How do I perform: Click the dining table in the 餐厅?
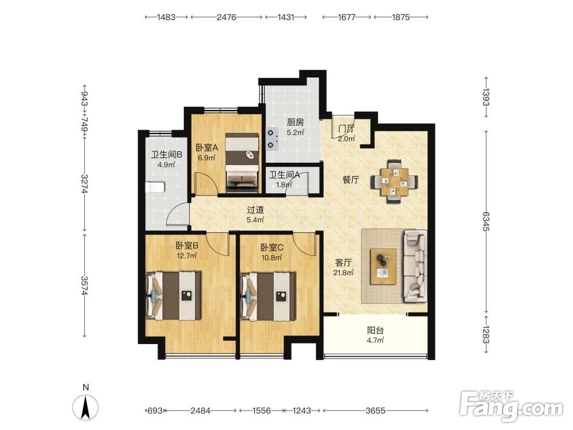394,182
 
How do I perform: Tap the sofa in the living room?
415,266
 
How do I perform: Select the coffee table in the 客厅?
383,267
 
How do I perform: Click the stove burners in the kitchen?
272,139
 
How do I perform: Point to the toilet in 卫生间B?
155,187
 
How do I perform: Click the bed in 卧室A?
242,163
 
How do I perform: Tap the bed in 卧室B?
174,296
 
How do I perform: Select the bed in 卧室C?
268,296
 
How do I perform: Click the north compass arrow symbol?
85,408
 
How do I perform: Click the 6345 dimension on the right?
486,221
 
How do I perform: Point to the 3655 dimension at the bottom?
375,411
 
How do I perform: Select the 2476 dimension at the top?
226,17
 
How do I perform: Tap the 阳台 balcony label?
375,331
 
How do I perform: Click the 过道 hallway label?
255,210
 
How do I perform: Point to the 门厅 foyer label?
346,128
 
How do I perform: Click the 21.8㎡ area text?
343,272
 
